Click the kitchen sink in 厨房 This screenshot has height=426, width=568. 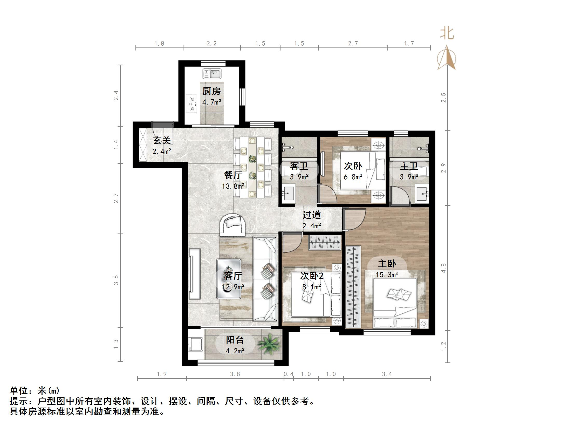coord(212,74)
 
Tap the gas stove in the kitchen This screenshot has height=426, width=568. coord(192,104)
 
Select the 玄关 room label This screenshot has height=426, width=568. coord(162,140)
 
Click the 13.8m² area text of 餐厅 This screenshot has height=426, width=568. coord(233,186)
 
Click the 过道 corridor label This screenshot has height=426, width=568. coord(312,215)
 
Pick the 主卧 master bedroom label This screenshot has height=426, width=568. coord(387,264)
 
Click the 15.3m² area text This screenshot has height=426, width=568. coord(387,274)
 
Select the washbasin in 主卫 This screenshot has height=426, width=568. coord(422,194)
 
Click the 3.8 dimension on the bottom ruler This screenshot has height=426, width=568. coord(235,374)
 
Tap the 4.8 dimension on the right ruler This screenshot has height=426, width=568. coord(443,268)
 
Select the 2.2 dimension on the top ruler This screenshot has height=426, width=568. coord(211,43)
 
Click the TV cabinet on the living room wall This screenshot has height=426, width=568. coord(194,274)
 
